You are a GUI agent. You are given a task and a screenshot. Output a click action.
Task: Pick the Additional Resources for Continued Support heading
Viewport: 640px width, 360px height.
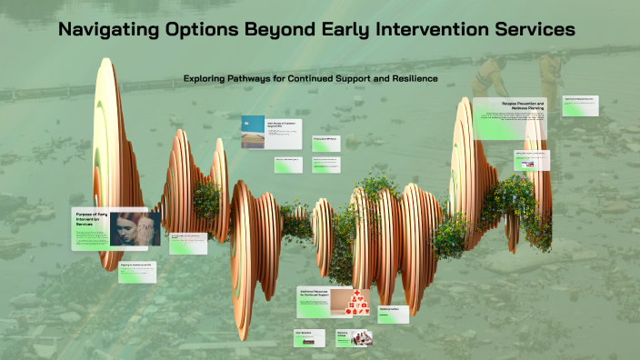click(x=315, y=295)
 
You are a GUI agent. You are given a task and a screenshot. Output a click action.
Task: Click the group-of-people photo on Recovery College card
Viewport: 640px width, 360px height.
click(x=362, y=337)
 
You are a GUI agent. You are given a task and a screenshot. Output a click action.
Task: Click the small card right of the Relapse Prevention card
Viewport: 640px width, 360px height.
click(x=579, y=105)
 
